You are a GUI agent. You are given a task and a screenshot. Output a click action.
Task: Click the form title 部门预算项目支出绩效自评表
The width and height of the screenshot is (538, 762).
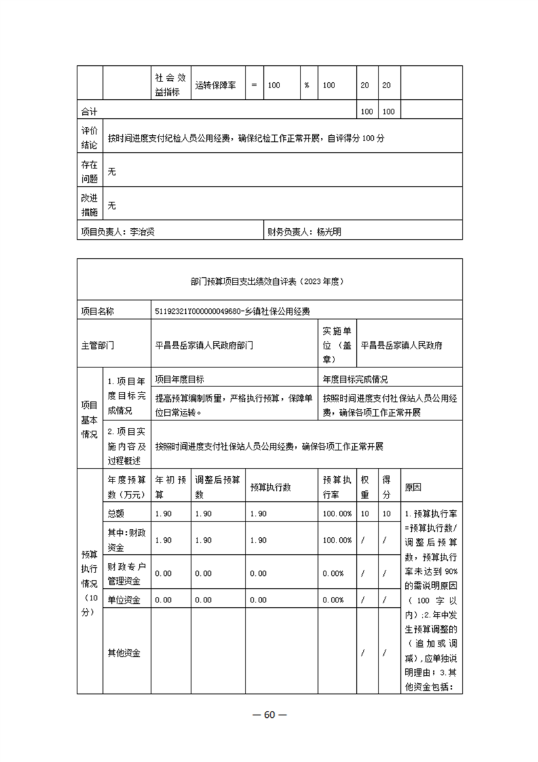point(269,279)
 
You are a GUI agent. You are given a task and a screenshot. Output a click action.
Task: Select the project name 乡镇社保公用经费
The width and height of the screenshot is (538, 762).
point(271,311)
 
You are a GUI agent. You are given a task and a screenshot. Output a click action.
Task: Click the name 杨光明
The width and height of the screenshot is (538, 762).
point(329,232)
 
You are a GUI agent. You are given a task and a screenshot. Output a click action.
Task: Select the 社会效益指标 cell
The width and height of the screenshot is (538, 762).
point(170,86)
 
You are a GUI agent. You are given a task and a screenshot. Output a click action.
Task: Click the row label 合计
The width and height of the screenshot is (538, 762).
point(89,111)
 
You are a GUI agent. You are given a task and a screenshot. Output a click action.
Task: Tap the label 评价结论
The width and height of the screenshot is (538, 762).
point(89,138)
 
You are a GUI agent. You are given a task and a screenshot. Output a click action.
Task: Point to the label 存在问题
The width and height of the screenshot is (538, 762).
point(89,172)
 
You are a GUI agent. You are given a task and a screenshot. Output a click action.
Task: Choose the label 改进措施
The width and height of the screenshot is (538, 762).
point(89,205)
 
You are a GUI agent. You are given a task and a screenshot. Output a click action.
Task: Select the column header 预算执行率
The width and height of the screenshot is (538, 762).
point(337,486)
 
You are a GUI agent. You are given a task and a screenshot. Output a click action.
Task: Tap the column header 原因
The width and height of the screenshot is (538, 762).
point(413,486)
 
